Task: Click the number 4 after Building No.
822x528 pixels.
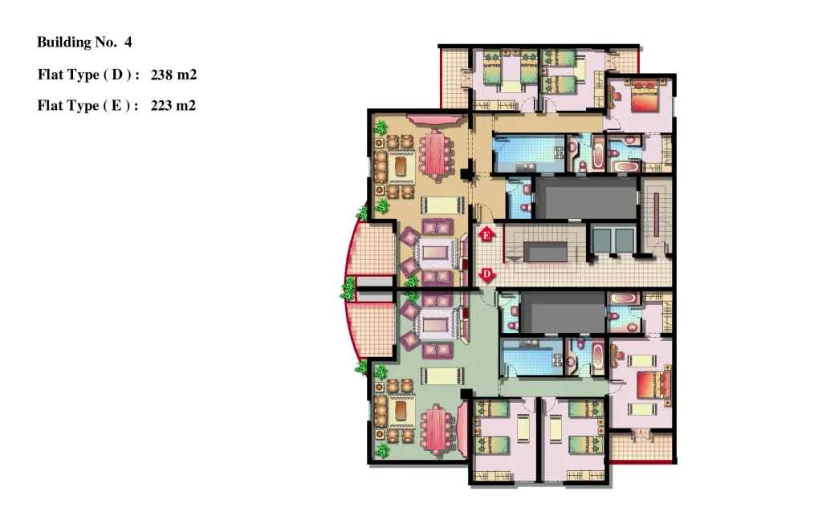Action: click(x=128, y=42)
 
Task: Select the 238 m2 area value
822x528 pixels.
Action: click(x=173, y=75)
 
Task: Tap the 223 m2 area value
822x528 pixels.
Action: click(x=173, y=106)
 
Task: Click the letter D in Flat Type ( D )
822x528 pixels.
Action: click(x=117, y=75)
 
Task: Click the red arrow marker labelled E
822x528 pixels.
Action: click(x=486, y=234)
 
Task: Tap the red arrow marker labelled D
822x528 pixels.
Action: click(x=487, y=274)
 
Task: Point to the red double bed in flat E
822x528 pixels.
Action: click(x=645, y=95)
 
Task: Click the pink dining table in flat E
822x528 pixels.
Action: click(x=434, y=154)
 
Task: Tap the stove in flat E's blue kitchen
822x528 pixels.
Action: click(x=559, y=152)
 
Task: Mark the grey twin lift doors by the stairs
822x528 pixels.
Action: click(x=613, y=240)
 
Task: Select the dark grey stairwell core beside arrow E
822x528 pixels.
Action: click(x=545, y=251)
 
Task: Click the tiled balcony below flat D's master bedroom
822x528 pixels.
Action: click(x=641, y=447)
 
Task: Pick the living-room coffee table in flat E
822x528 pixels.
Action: click(x=436, y=253)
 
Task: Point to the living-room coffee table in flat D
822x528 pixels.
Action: click(x=434, y=326)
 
